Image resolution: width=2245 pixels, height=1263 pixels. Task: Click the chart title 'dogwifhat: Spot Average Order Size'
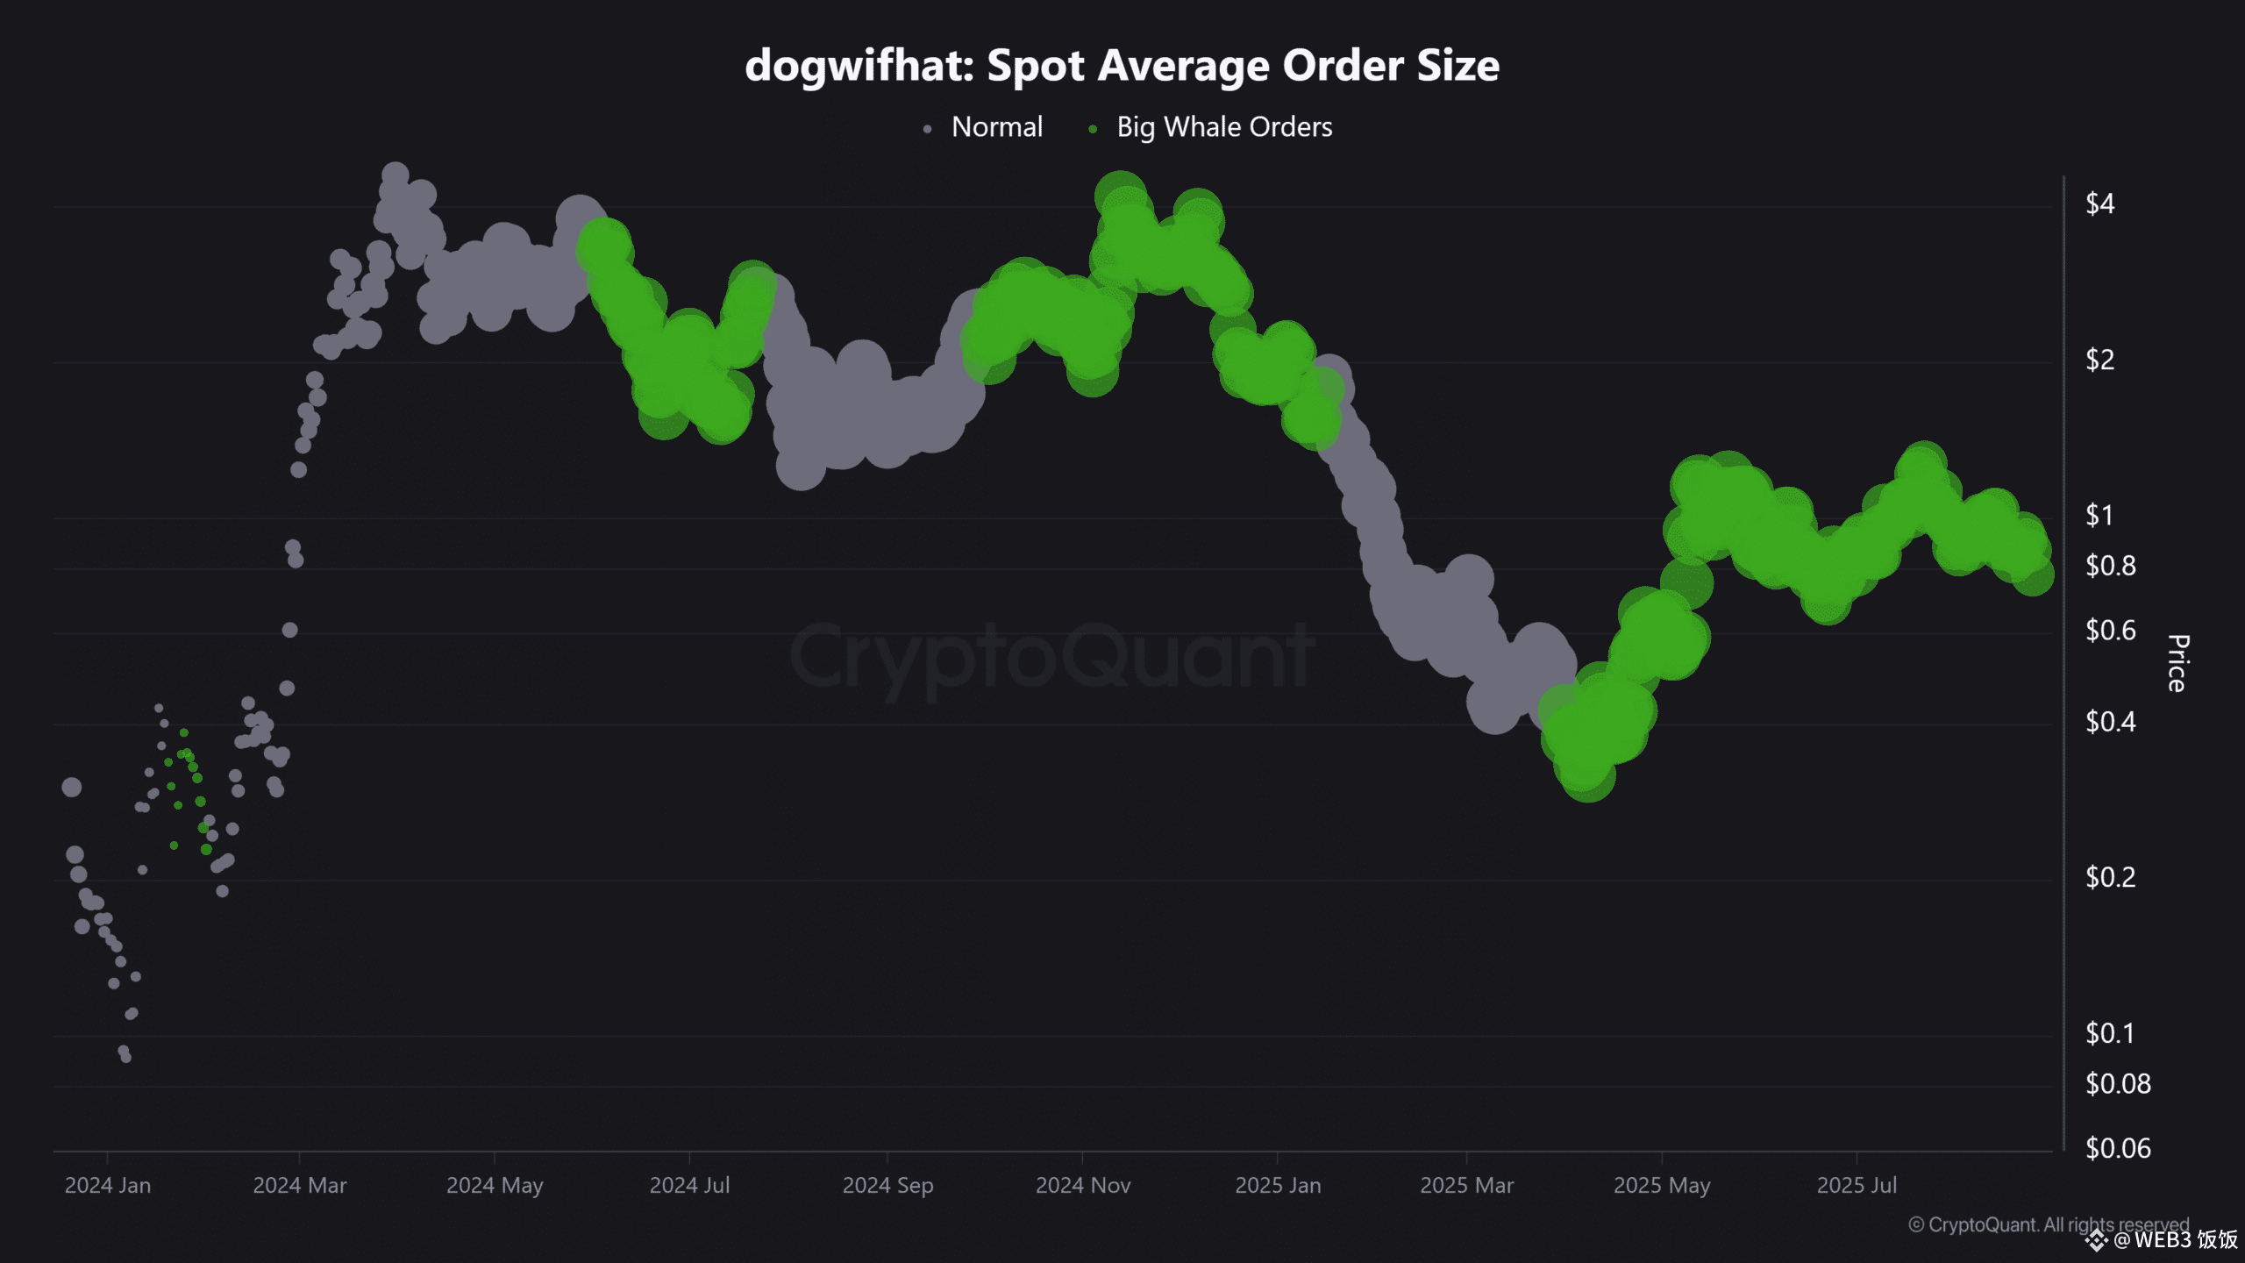pyautogui.click(x=1122, y=66)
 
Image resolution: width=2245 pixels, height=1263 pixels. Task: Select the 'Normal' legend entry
pyautogui.click(x=996, y=127)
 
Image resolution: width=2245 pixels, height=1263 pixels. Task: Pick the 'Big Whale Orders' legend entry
pyautogui.click(x=1223, y=127)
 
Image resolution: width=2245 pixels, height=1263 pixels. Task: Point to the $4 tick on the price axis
pyautogui.click(x=2099, y=204)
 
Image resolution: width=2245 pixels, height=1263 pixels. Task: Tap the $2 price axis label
pyautogui.click(x=2099, y=360)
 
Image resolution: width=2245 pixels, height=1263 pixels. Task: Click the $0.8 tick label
pyautogui.click(x=2110, y=566)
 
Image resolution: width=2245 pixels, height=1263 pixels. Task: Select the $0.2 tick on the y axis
pyautogui.click(x=2110, y=877)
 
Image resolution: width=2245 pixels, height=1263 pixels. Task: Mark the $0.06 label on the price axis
pyautogui.click(x=2117, y=1148)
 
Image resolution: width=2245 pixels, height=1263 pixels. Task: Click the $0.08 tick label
pyautogui.click(x=2117, y=1084)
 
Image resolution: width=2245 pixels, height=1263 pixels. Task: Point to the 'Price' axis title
pyautogui.click(x=2177, y=663)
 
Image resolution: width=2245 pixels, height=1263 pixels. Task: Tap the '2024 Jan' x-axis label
pyautogui.click(x=108, y=1186)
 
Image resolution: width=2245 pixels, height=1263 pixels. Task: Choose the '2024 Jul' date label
pyautogui.click(x=689, y=1186)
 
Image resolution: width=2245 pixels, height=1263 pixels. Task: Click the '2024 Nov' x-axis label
pyautogui.click(x=1083, y=1186)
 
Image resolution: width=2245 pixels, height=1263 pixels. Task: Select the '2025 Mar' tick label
pyautogui.click(x=1466, y=1186)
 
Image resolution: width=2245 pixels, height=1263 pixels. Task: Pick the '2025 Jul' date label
pyautogui.click(x=1857, y=1186)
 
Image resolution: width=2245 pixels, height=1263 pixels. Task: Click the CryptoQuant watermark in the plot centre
pyautogui.click(x=1052, y=656)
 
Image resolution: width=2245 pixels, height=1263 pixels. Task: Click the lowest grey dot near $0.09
pyautogui.click(x=125, y=1057)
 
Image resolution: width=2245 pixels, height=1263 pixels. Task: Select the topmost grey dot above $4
pyautogui.click(x=396, y=174)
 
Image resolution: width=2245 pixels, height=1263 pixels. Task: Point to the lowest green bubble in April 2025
pyautogui.click(x=1587, y=776)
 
